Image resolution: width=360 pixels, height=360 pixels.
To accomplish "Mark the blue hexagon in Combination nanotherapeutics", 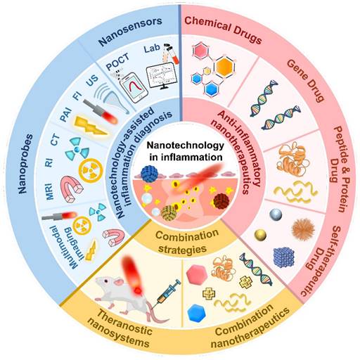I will [x=198, y=307].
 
